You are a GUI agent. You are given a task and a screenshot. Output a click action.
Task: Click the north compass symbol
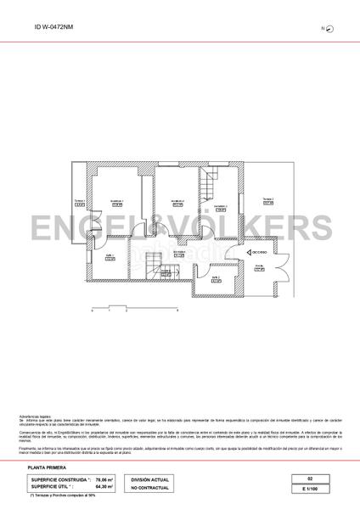329,29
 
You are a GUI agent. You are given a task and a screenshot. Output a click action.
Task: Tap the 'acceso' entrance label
257,253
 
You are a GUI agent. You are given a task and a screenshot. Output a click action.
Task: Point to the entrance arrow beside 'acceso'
244,253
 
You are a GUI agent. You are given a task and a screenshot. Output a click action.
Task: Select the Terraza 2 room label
267,201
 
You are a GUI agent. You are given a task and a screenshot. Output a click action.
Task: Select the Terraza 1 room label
80,204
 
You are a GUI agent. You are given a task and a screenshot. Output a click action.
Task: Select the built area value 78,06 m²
106,479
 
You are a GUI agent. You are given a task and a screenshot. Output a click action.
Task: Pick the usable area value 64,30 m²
106,486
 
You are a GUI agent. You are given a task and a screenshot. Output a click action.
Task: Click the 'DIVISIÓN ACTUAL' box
149,479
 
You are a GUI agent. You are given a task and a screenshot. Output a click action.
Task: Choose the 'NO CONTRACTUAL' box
149,487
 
